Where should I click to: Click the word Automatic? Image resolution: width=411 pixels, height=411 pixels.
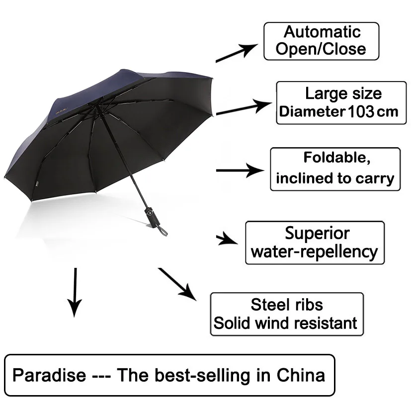(x=322, y=32)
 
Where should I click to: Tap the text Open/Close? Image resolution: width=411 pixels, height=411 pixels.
(x=321, y=49)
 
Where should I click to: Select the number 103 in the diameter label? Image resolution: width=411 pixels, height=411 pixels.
(x=361, y=111)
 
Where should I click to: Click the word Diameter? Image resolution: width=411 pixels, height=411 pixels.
(x=312, y=111)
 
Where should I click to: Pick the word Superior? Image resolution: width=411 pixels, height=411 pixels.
(x=317, y=233)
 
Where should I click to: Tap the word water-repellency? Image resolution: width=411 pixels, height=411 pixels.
(x=314, y=252)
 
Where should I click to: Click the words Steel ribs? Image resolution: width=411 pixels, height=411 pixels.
(x=287, y=305)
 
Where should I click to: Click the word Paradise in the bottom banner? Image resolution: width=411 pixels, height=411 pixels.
(x=49, y=375)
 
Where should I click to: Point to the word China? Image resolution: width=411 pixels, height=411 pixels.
(x=301, y=375)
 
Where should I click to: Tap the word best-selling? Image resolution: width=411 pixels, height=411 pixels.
(x=202, y=375)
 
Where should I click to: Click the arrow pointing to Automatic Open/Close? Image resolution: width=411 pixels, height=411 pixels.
(x=237, y=53)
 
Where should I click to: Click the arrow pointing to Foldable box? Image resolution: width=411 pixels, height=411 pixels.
(x=240, y=170)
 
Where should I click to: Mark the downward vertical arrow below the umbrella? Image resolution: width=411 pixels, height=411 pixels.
(x=75, y=292)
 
